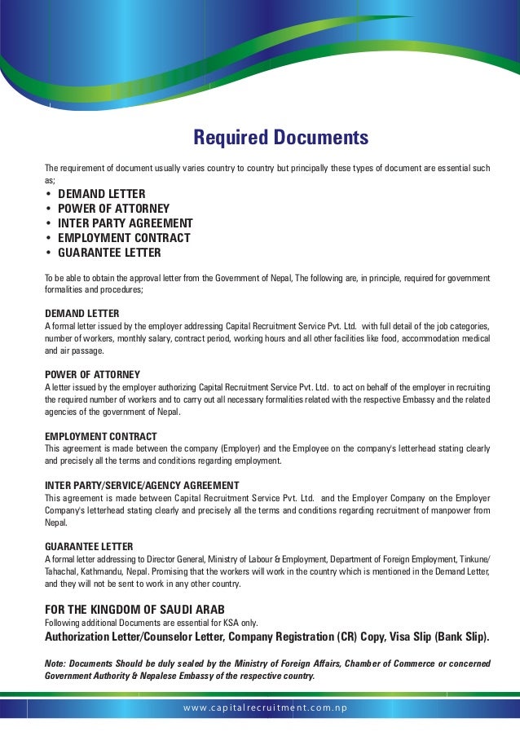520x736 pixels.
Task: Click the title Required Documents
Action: coord(280,138)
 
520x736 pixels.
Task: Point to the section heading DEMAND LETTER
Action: coord(82,314)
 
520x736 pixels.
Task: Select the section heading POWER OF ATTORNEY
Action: coord(92,375)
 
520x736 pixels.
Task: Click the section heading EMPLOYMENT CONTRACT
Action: coord(100,436)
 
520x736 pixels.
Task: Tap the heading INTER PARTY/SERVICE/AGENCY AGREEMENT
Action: coord(141,485)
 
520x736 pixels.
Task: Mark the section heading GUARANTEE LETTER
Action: coord(89,546)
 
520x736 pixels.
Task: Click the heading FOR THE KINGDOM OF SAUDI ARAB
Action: coord(134,610)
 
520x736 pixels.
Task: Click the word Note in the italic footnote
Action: coord(55,663)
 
